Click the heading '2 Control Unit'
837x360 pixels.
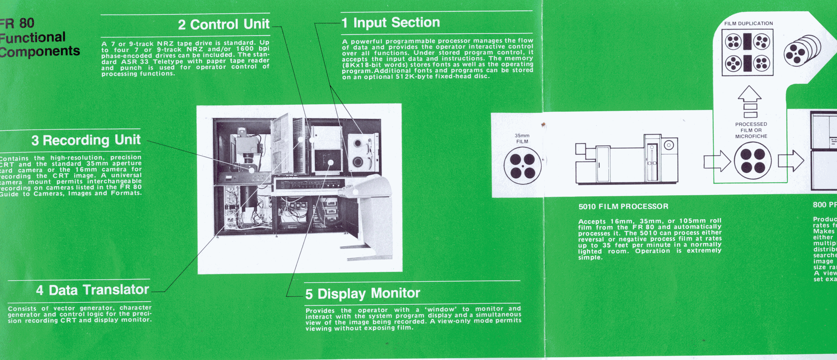(x=223, y=24)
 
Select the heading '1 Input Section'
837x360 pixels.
(x=391, y=23)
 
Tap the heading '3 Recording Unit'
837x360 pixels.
(x=86, y=140)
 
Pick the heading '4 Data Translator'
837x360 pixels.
(x=92, y=290)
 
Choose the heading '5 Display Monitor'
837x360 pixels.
(x=362, y=294)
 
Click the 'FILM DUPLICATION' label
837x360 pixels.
(x=748, y=23)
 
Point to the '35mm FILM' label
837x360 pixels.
(x=522, y=138)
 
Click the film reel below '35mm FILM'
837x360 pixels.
(x=522, y=166)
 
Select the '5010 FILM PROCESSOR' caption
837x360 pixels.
(x=623, y=207)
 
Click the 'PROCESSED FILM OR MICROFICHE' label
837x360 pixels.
(x=751, y=130)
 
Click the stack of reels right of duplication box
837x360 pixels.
(x=802, y=51)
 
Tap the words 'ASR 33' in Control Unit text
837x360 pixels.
(x=134, y=61)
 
